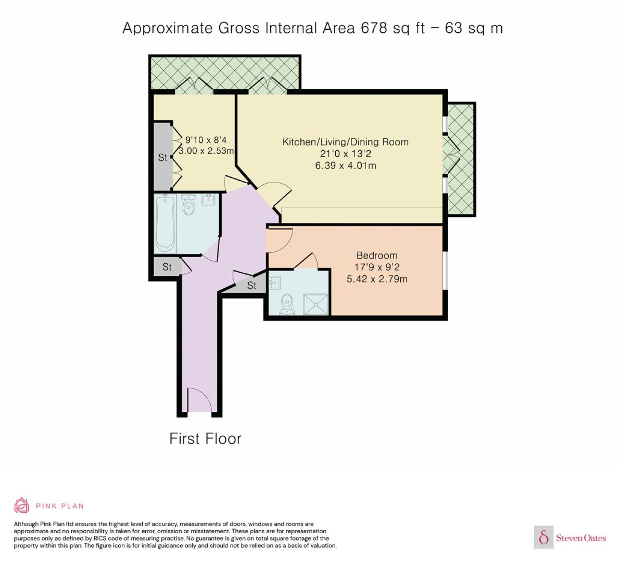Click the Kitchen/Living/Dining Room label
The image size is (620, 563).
345,142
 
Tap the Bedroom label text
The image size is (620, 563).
377,255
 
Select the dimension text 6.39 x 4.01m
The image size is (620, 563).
345,166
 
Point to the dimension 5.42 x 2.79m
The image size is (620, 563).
377,279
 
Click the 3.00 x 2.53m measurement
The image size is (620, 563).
206,151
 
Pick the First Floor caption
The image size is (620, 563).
205,438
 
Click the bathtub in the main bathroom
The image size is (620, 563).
165,224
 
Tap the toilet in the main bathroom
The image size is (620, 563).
188,204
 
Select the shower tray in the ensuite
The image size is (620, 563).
316,305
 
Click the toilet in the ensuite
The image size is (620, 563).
287,304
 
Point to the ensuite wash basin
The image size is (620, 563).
275,282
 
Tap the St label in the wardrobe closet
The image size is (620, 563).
163,157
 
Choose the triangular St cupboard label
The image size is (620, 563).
252,285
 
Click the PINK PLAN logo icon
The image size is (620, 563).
22,506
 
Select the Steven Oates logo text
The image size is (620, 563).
581,538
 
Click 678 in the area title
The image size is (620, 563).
374,28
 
